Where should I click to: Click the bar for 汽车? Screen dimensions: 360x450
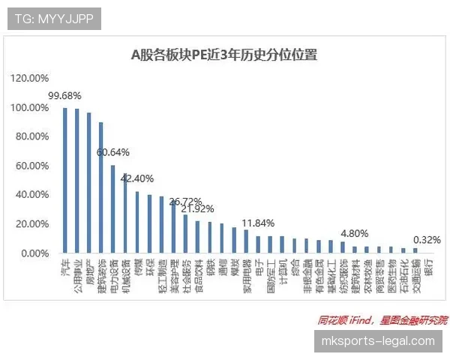point(65,181)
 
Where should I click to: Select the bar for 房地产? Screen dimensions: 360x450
point(89,183)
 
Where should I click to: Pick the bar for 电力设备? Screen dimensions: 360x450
point(113,209)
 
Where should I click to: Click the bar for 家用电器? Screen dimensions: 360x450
point(246,241)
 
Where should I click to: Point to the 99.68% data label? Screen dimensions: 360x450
point(64,97)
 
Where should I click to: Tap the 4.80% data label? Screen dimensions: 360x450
point(355,233)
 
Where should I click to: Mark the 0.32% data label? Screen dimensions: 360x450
point(426,240)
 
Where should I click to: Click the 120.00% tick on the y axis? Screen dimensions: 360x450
point(30,78)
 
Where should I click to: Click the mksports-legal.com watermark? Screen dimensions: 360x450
point(377,341)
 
